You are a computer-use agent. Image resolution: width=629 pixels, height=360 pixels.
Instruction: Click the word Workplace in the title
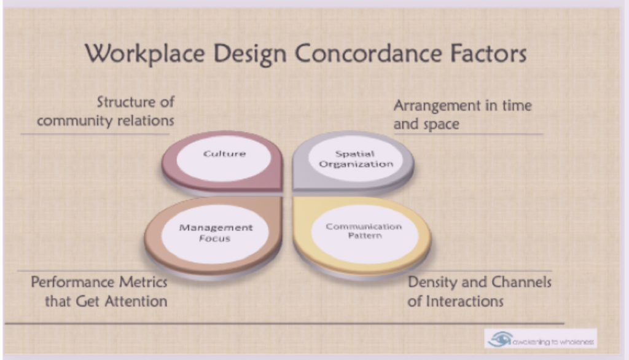145,54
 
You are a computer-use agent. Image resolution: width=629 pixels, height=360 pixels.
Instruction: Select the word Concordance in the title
368,53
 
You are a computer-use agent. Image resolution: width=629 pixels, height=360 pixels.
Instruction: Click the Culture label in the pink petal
224,154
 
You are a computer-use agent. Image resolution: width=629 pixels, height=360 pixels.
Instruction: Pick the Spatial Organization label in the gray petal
356,159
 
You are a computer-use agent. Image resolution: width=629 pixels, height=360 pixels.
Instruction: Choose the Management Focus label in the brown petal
216,233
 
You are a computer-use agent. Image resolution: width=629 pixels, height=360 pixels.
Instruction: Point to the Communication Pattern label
364,231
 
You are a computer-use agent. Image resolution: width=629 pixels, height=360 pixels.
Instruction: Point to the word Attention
135,302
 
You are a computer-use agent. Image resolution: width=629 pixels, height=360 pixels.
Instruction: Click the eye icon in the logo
500,339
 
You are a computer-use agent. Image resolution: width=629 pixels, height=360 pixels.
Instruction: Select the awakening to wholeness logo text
553,342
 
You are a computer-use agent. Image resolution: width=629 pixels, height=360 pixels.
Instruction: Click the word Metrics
143,282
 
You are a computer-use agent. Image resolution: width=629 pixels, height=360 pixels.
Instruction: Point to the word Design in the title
250,54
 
